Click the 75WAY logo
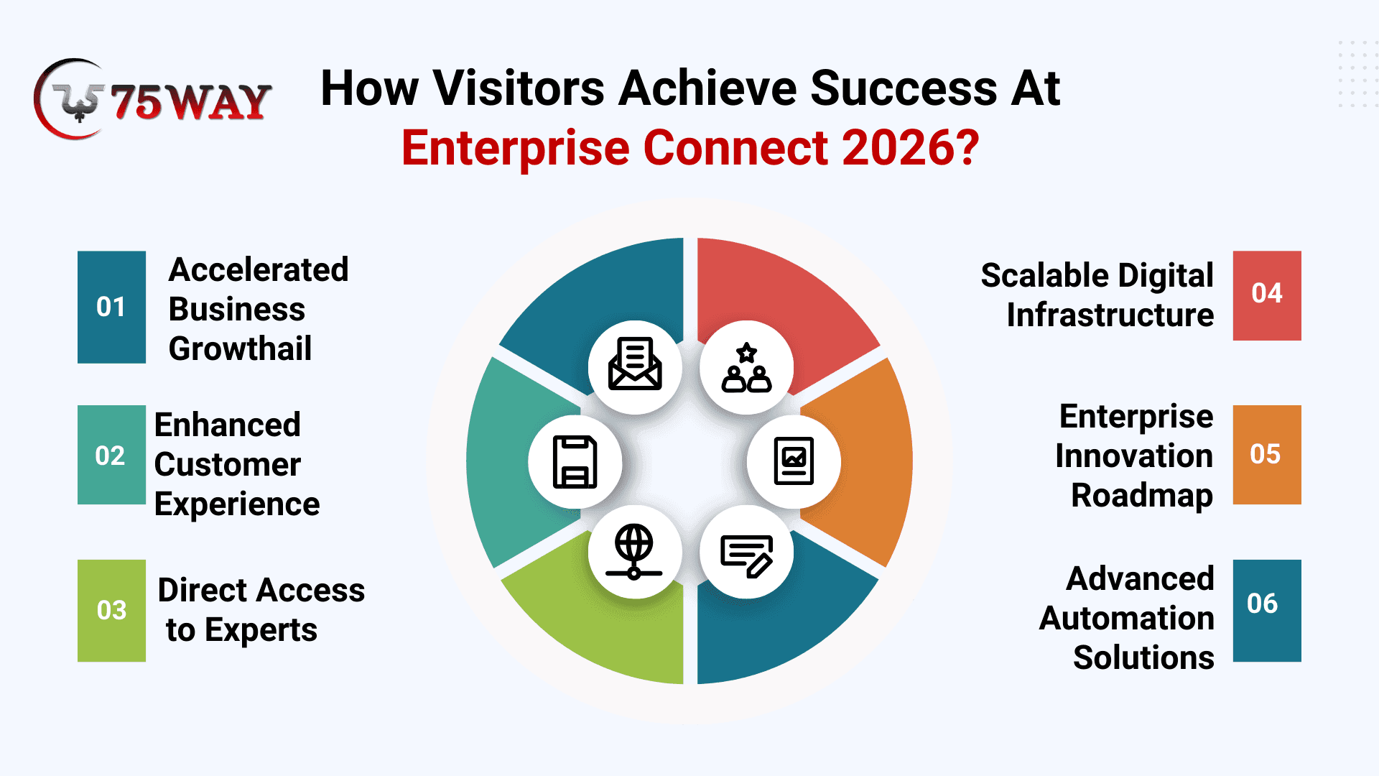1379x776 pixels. (152, 99)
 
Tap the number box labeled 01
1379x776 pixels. (111, 307)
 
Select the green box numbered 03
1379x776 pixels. (111, 611)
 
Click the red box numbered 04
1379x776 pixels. (1267, 295)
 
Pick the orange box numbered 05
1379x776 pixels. (1267, 455)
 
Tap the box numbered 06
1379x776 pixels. (1267, 611)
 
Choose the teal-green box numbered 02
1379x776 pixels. (111, 455)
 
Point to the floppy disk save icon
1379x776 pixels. (575, 461)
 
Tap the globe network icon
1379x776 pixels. (634, 552)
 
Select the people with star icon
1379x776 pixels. (747, 367)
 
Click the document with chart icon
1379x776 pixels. (794, 461)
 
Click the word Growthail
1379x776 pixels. (241, 349)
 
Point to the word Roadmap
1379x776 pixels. (1142, 496)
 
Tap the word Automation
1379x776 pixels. (1127, 619)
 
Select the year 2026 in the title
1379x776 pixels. (911, 148)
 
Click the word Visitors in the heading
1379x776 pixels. (519, 88)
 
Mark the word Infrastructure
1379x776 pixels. (1110, 315)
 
